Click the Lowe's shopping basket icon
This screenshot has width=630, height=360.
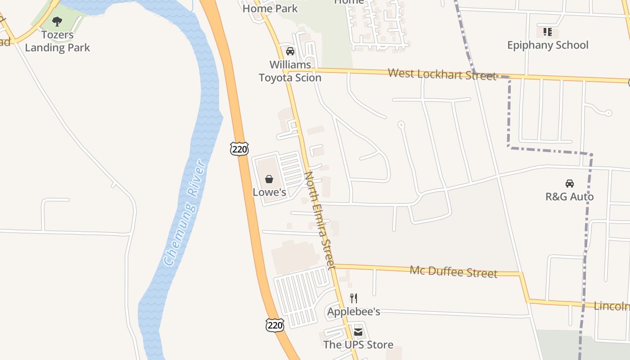click(x=269, y=179)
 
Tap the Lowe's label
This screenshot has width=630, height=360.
click(x=269, y=192)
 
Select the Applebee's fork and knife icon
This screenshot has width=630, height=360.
click(x=354, y=298)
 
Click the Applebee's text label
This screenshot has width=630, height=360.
click(x=354, y=311)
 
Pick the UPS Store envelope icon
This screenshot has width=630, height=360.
click(x=358, y=332)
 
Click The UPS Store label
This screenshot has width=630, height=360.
click(x=358, y=345)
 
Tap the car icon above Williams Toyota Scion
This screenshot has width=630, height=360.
click(x=290, y=51)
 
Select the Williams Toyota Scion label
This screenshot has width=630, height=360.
click(x=290, y=71)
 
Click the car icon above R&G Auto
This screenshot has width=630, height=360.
click(x=570, y=184)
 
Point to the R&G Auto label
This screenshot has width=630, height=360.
click(x=570, y=197)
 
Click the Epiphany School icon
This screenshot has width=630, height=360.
click(x=548, y=32)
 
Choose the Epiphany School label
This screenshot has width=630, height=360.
click(x=548, y=45)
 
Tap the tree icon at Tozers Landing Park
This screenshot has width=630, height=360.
click(x=57, y=21)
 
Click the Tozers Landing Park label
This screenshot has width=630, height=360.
click(x=57, y=41)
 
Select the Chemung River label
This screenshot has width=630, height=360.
click(x=185, y=212)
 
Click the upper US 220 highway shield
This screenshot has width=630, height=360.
click(x=239, y=148)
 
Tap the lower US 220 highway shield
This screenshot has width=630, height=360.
click(x=274, y=325)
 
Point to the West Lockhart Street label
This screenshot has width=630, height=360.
click(x=441, y=74)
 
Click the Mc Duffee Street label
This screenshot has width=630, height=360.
click(x=453, y=271)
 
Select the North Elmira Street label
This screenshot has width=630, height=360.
click(x=320, y=220)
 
